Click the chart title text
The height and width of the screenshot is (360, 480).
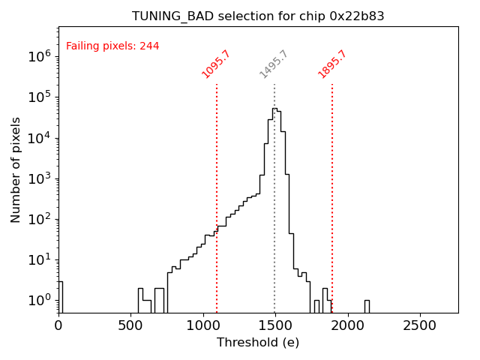(x=258, y=16)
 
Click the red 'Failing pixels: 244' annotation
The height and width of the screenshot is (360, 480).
(x=112, y=46)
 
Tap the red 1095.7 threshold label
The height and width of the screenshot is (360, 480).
(x=215, y=64)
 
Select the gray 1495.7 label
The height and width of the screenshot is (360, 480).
(x=274, y=64)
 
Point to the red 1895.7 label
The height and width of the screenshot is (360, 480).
(x=332, y=64)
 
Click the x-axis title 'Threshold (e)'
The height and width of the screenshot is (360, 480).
(x=258, y=343)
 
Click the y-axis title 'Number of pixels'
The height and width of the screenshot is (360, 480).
(x=16, y=169)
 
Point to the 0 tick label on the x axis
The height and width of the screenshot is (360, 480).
(x=58, y=325)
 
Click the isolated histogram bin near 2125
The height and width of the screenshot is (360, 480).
(x=367, y=306)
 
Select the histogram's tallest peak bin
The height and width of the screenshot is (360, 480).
(x=274, y=109)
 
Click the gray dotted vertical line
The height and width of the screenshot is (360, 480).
(x=274, y=225)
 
